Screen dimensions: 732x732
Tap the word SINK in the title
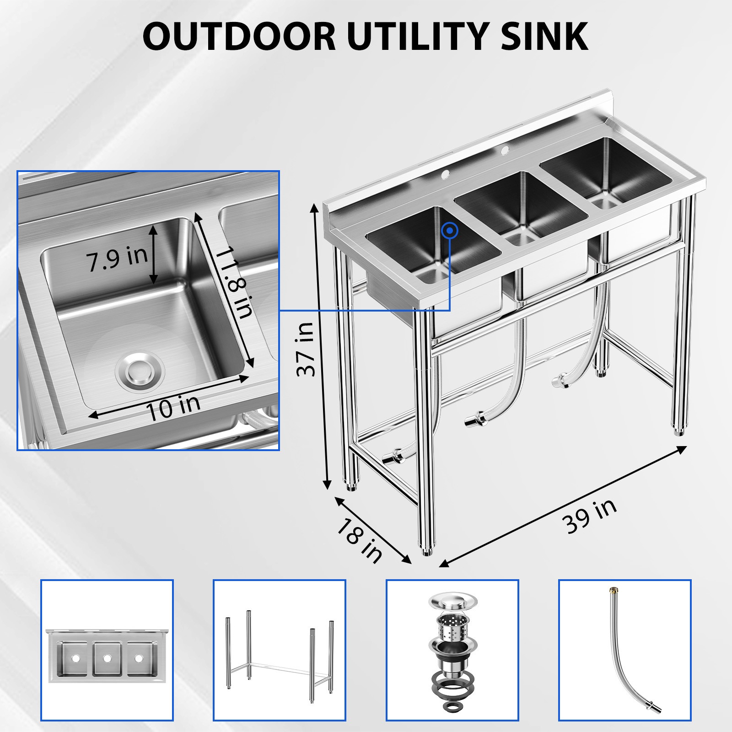[x=544, y=37]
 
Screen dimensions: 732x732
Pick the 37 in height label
[x=306, y=349]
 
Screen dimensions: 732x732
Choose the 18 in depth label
[x=360, y=540]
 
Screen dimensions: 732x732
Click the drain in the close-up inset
[x=140, y=370]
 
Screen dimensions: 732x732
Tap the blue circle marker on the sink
[x=450, y=231]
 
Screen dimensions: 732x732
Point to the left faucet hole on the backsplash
[x=444, y=174]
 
